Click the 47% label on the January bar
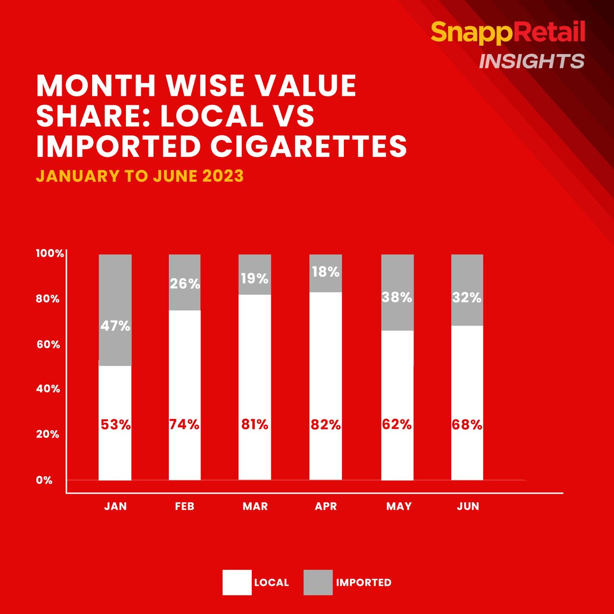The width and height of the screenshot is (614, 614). [115, 325]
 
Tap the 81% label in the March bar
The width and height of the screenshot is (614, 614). [255, 425]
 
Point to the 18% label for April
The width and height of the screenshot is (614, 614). [326, 272]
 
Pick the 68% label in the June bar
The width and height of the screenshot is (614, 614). [467, 425]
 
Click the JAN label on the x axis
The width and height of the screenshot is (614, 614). [115, 507]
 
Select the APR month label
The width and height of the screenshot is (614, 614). [326, 507]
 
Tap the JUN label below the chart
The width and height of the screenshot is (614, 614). [468, 507]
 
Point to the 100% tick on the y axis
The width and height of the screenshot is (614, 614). [49, 254]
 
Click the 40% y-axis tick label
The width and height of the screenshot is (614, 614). [48, 389]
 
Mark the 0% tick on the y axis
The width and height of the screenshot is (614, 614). [45, 480]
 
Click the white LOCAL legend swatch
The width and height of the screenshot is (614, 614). [237, 582]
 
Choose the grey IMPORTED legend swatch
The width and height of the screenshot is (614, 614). [318, 582]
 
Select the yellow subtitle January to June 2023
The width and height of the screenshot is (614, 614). [140, 176]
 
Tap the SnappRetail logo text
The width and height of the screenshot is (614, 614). [508, 33]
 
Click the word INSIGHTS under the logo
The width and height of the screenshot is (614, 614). [531, 61]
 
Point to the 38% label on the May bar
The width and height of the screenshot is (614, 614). [397, 297]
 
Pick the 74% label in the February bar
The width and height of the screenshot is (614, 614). [184, 425]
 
